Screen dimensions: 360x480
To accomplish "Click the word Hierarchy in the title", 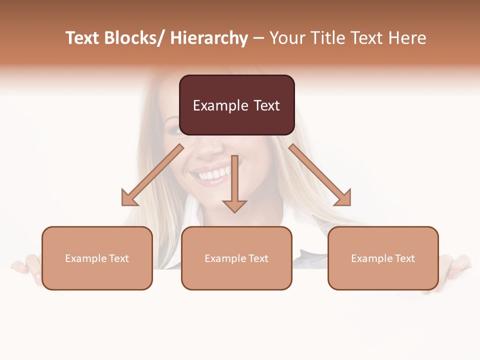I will click(208, 38).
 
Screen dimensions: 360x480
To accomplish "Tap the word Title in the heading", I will click(327, 38).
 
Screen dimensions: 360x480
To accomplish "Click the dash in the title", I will click(258, 38).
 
